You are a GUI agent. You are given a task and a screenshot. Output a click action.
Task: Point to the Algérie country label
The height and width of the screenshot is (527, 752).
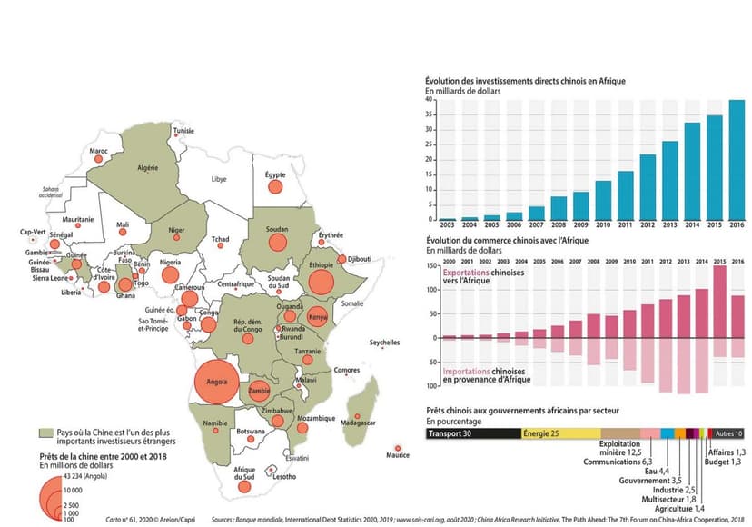point(147,168)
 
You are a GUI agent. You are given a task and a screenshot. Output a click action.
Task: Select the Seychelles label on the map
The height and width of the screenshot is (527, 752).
point(385,343)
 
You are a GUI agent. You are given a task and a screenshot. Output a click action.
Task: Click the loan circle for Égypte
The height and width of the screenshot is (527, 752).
point(274,188)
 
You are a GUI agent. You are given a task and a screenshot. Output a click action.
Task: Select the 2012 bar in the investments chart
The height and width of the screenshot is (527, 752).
point(648,187)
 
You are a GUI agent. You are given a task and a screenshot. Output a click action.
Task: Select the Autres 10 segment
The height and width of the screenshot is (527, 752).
point(727,434)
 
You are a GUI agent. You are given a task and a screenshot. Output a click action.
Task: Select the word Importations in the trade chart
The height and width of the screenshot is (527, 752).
point(469,372)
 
